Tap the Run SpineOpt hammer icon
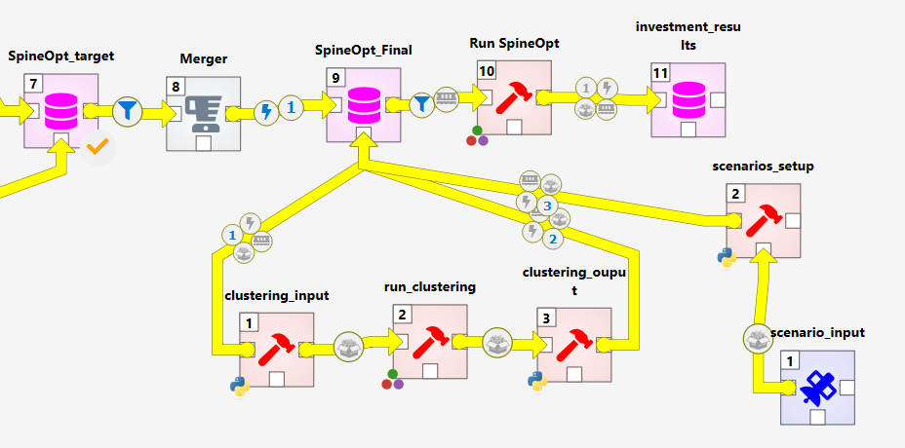(514, 97)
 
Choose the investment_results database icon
(688, 99)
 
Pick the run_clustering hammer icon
(429, 342)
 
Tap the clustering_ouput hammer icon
(573, 345)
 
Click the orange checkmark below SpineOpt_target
(97, 148)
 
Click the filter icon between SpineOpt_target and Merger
(127, 111)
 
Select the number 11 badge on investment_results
(661, 73)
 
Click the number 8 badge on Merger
(176, 87)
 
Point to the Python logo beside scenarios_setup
(727, 257)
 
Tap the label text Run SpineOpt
(514, 43)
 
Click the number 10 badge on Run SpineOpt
(487, 71)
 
